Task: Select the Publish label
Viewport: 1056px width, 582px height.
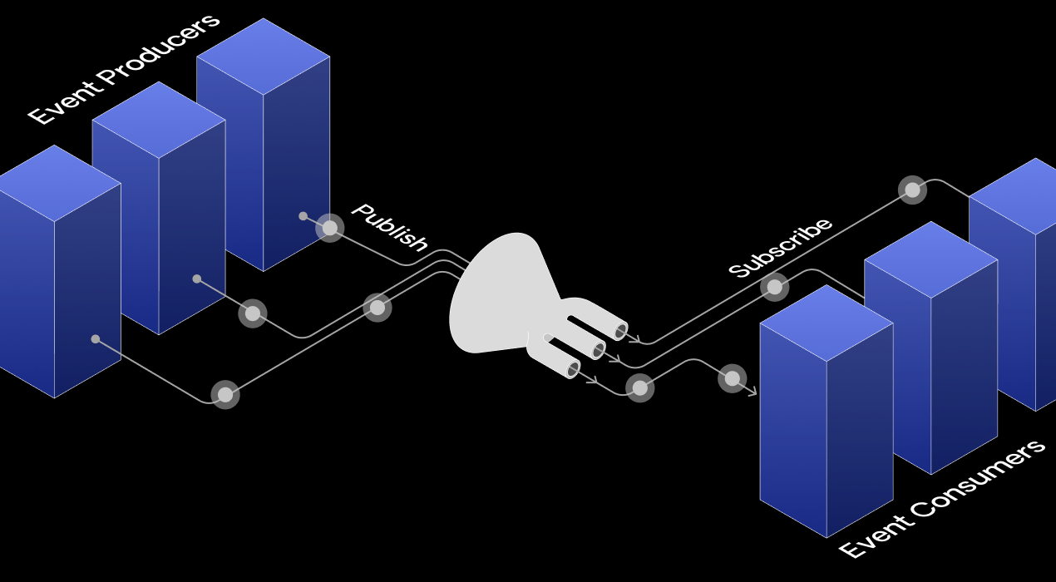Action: [x=389, y=226]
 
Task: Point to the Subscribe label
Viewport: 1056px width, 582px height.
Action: [x=780, y=247]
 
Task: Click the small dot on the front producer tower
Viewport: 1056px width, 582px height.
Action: [x=96, y=339]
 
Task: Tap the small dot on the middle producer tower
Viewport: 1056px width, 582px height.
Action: [x=197, y=279]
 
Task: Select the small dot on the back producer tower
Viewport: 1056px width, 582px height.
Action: [x=303, y=216]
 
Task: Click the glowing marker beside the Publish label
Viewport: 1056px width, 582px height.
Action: [x=330, y=228]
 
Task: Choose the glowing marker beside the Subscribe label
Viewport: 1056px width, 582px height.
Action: [x=775, y=287]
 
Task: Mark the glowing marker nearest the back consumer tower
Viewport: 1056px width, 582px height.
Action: [x=912, y=190]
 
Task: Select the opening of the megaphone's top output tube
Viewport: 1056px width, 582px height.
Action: [x=621, y=331]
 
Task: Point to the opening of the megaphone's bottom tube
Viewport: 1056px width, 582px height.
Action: [x=573, y=368]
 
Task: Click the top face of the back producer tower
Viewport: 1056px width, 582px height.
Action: [x=263, y=57]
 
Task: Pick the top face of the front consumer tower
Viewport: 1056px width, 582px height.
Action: [x=827, y=323]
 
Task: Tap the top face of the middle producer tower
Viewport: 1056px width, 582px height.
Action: [x=159, y=120]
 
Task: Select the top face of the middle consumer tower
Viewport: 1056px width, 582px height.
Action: [x=930, y=259]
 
